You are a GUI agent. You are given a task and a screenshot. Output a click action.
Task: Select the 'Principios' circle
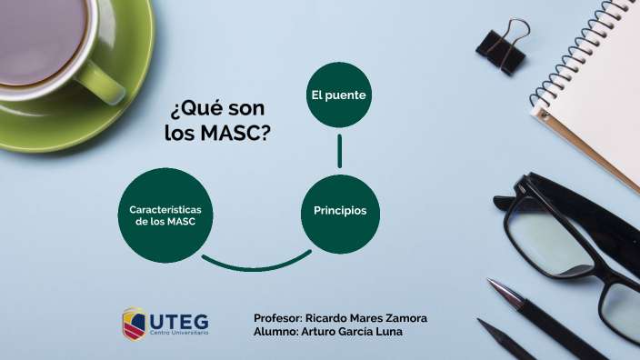tap(340, 211)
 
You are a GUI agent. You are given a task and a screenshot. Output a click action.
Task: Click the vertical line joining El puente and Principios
tap(340, 151)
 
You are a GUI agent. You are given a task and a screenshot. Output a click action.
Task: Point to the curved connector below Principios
tap(255, 265)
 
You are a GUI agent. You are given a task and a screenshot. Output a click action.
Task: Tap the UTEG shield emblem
tap(134, 323)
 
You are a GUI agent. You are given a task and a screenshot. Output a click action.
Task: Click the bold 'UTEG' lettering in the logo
tap(177, 320)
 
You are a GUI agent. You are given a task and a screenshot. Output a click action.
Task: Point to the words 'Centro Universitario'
tap(178, 333)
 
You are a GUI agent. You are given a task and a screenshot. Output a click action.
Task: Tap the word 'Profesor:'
tap(278, 317)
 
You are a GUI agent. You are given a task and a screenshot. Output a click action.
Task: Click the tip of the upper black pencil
tap(492, 284)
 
